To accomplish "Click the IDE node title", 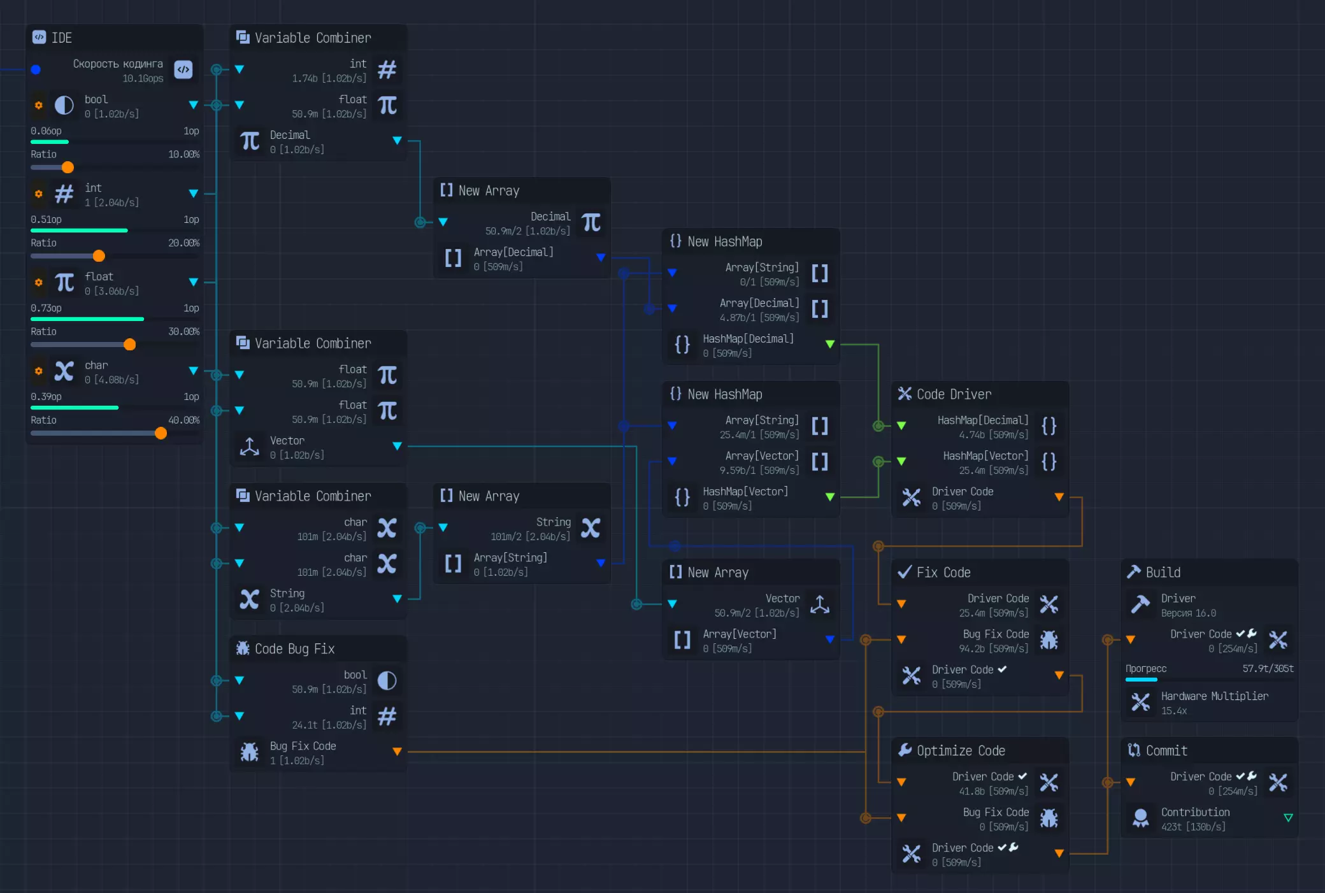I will coord(61,38).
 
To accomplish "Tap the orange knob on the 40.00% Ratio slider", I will coord(161,433).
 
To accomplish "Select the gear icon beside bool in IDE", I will coord(39,105).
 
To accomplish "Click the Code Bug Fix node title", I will coord(294,648).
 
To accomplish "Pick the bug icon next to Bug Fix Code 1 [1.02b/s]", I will coord(249,752).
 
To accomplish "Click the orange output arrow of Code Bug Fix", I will coord(397,752).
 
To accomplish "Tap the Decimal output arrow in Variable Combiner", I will coord(397,140).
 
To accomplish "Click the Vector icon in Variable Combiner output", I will coord(249,446).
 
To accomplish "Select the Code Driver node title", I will coord(954,394).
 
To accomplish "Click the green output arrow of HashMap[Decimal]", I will coord(830,344).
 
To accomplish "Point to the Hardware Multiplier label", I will coord(1214,696).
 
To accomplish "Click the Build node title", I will coord(1163,572).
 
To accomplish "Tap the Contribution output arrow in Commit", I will coord(1288,818).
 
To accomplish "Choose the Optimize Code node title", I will coord(960,750).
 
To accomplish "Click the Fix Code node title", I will coord(943,572).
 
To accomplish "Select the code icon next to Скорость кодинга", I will coord(183,69).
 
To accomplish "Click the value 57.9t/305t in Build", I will coord(1268,668).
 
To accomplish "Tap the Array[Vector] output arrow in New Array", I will coord(830,639).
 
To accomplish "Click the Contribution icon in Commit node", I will coord(1140,818).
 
